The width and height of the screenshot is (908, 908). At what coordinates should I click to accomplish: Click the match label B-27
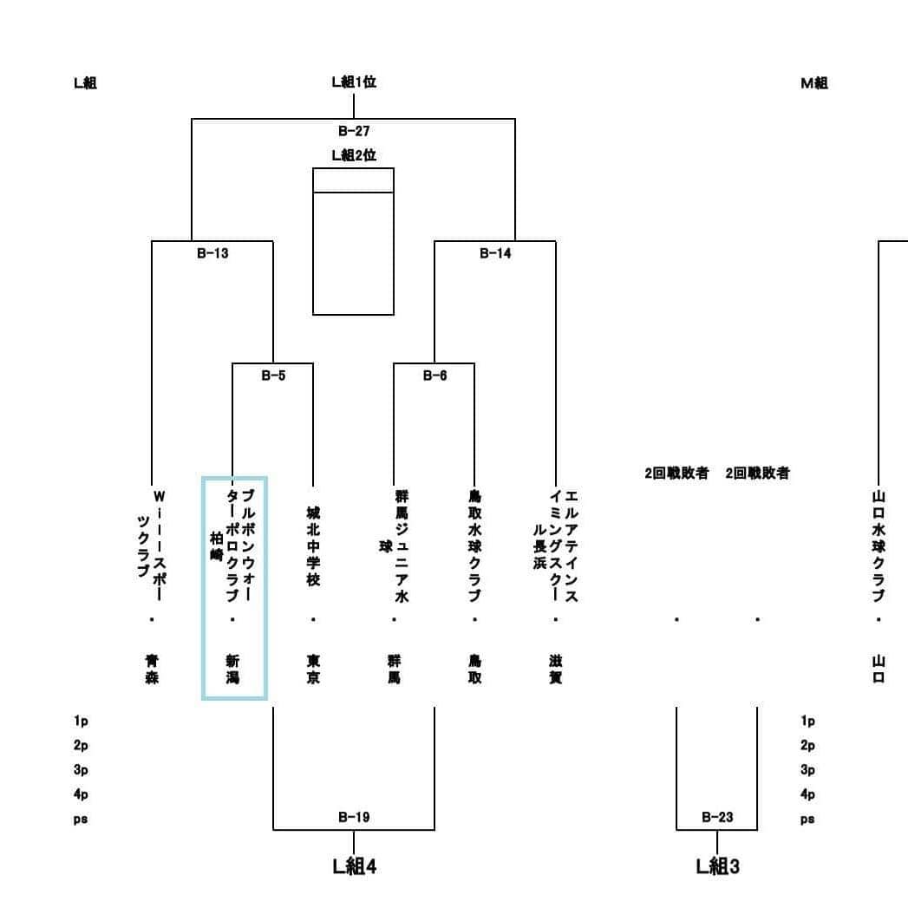coord(354,132)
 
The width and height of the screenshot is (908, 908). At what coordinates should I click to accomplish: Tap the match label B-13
coord(212,253)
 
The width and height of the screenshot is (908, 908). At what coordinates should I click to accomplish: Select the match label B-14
coord(495,253)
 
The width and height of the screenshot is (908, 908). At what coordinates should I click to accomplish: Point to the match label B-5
coord(273,376)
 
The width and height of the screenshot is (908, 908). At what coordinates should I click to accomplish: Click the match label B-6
coord(434,376)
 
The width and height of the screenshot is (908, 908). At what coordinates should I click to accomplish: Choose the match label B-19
coord(354,817)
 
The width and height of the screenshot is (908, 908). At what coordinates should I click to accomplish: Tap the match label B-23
coord(717,817)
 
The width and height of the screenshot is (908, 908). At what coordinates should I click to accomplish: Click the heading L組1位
coord(354,82)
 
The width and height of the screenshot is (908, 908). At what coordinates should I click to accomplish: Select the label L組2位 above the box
coord(354,155)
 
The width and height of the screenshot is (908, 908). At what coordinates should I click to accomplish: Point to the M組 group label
coord(814,82)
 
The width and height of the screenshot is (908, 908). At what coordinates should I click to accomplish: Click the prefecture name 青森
coord(152,669)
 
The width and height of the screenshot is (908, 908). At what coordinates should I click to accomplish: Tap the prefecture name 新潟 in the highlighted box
coord(232,669)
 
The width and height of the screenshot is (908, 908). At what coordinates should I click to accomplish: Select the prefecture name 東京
coord(313,669)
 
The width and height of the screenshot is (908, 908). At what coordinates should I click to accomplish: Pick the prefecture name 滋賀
coord(555,669)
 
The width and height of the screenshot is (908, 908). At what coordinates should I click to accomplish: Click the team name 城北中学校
coord(313,546)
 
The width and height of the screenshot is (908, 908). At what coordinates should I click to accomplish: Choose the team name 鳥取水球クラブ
coord(475,546)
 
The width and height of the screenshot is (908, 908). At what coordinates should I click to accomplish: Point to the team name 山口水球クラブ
coord(879,546)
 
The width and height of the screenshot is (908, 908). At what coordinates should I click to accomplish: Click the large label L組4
coord(354,866)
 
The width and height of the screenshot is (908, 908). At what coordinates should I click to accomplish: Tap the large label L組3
coord(717,866)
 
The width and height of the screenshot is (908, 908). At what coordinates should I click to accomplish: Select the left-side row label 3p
coord(81,770)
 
